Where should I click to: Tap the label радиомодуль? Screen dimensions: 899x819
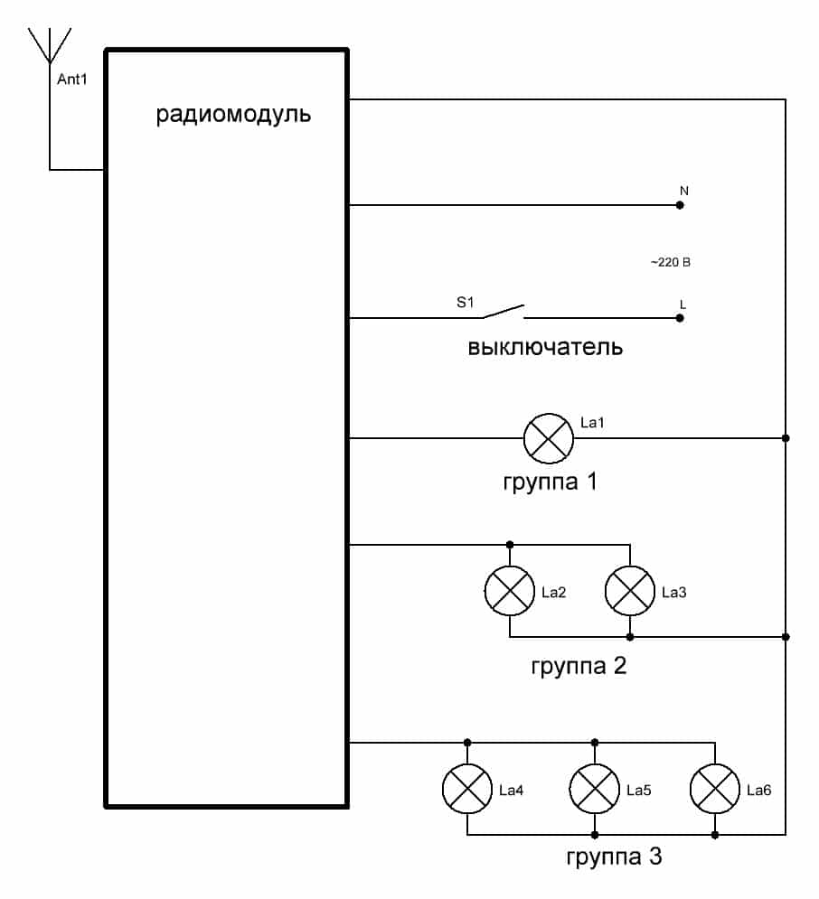pos(233,116)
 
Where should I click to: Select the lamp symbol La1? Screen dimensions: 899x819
pos(549,439)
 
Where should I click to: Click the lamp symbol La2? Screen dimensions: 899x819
pos(509,592)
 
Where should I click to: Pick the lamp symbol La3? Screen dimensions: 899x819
pos(629,592)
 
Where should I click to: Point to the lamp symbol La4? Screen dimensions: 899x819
pos(466,790)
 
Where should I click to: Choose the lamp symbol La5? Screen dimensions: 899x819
pos(594,790)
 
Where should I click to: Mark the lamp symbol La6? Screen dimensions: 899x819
pos(714,790)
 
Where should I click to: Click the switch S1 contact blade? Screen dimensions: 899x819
pos(503,312)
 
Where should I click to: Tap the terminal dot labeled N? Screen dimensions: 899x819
pos(680,205)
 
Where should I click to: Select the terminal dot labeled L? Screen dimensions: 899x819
pos(680,318)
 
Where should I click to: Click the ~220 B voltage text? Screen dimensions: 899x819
pos(670,263)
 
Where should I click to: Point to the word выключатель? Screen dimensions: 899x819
pos(545,347)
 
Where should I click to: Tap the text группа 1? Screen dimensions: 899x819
pos(549,482)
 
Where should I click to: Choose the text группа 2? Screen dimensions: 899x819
pos(579,668)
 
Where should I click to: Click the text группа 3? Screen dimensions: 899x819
pos(614,857)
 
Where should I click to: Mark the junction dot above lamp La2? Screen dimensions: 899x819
pos(509,545)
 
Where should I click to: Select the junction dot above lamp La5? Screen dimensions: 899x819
pos(594,743)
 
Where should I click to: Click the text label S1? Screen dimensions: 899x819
pos(465,303)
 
